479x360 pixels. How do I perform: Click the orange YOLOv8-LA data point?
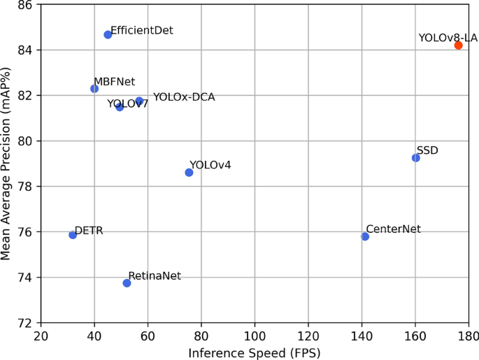458,45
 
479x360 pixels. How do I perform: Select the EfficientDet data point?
108,35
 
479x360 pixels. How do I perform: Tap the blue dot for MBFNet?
94,89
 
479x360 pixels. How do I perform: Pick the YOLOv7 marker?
120,107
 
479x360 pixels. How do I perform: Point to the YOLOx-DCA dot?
139,101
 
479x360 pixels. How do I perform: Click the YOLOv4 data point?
189,173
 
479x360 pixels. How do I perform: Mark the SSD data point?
416,158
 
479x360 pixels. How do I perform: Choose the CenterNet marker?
365,237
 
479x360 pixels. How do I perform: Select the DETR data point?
73,235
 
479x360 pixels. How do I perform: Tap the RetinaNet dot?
127,283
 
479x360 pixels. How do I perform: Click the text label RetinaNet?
155,276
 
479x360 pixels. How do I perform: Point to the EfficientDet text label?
142,31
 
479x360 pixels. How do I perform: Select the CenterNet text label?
393,229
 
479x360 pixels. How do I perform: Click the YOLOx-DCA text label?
184,97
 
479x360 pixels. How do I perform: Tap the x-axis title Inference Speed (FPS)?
255,353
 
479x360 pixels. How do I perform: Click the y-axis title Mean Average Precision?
7,164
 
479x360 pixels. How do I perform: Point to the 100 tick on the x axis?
255,336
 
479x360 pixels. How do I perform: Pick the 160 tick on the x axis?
415,336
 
